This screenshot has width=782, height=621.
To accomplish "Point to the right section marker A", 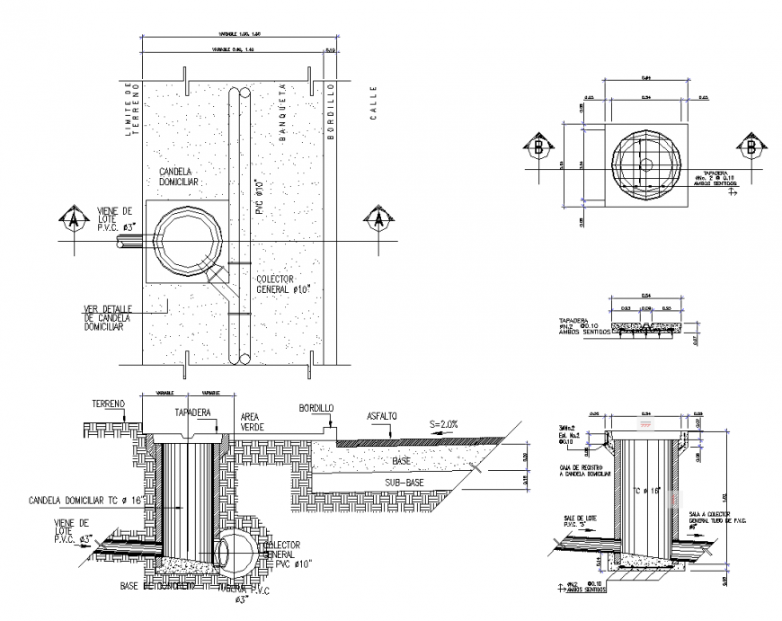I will coord(378,217).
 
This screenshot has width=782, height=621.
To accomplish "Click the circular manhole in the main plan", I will coord(191,244).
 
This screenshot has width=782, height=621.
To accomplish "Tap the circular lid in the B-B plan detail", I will coord(645,164).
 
